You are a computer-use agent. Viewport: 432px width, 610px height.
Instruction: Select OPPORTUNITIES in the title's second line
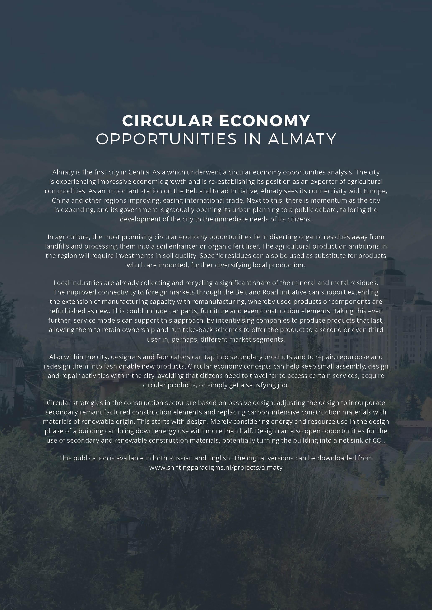point(166,139)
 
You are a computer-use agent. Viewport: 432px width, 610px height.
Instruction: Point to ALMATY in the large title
point(302,139)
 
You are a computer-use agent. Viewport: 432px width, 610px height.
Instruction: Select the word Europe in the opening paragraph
point(375,191)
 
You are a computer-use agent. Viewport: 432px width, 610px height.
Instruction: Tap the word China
point(60,200)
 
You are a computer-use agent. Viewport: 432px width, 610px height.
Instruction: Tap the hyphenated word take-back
point(198,330)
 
